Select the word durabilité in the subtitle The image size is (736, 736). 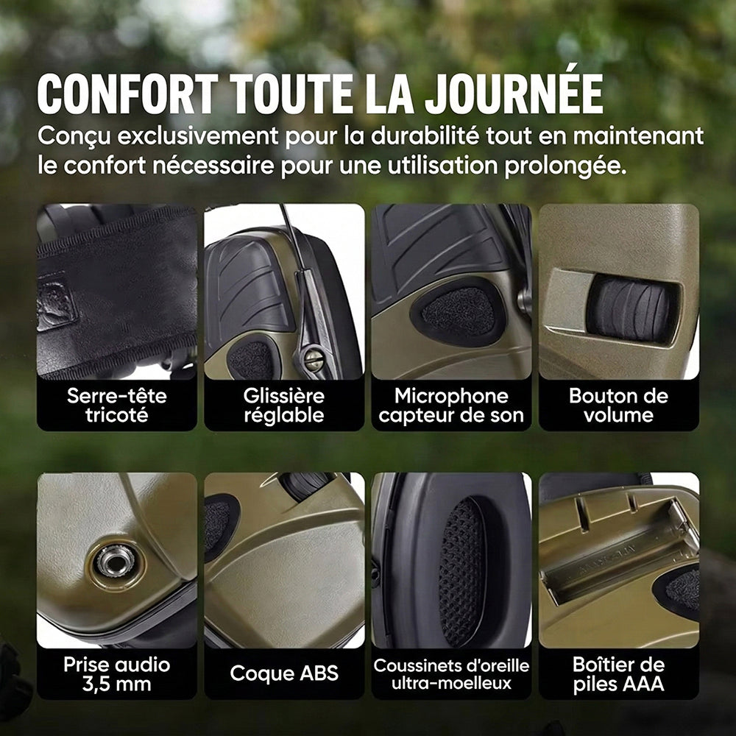coord(425,136)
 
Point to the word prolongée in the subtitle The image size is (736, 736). coord(565,166)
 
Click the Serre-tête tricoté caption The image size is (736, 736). coord(117,406)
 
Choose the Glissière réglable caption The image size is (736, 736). coord(284,406)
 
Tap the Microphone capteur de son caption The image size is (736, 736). coord(451,406)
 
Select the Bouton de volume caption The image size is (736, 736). coord(619,406)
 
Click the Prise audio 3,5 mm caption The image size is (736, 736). coord(117,674)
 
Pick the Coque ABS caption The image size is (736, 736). coord(284,673)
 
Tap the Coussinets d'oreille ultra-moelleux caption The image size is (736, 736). coord(451,674)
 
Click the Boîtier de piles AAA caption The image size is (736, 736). coord(619,674)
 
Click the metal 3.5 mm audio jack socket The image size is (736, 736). coord(113,562)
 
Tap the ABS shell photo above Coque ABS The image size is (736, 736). coord(284,560)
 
